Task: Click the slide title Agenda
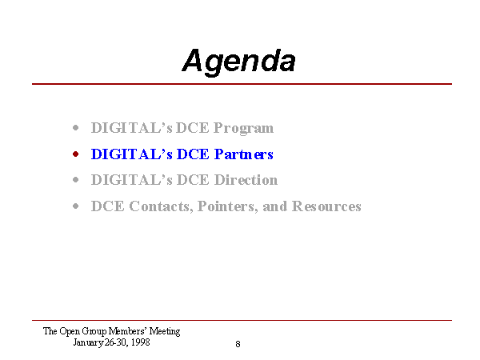(238, 62)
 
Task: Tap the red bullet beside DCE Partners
(76, 154)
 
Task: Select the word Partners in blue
(244, 154)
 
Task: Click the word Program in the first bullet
(243, 129)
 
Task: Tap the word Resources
(326, 206)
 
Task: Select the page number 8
(238, 344)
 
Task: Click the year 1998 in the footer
(141, 342)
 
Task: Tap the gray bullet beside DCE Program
(76, 128)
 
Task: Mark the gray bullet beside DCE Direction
(76, 180)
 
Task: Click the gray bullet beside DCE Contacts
(76, 206)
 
